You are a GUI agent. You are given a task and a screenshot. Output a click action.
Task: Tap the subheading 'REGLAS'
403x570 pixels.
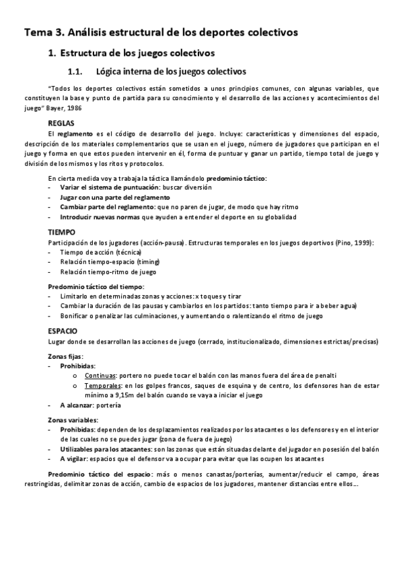tap(61, 124)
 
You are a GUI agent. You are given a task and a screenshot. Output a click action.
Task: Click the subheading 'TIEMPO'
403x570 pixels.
tap(62, 231)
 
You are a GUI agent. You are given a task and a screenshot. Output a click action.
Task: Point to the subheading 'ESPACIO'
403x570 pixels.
tap(63, 331)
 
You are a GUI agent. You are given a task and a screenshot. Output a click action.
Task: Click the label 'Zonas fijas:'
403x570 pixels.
tap(67, 354)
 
